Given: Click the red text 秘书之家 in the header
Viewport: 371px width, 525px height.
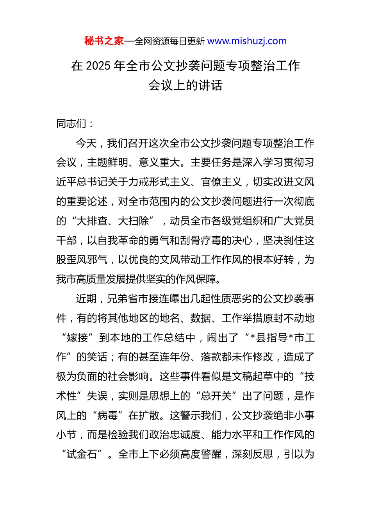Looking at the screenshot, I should [104, 41].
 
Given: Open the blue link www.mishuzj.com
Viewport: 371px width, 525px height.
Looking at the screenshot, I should [247, 41].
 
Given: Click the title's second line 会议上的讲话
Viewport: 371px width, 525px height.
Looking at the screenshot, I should [185, 85].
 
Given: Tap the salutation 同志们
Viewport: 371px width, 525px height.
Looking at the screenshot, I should [71, 124].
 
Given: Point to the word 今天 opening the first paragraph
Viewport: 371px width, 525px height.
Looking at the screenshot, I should [86, 143].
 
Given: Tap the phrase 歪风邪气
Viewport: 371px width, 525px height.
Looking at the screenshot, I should [87, 260].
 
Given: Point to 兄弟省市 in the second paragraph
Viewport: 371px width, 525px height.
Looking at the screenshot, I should [128, 299].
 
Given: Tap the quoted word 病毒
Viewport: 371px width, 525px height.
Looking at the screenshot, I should [107, 415].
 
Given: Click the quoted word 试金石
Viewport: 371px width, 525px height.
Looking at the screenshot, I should [82, 454].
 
